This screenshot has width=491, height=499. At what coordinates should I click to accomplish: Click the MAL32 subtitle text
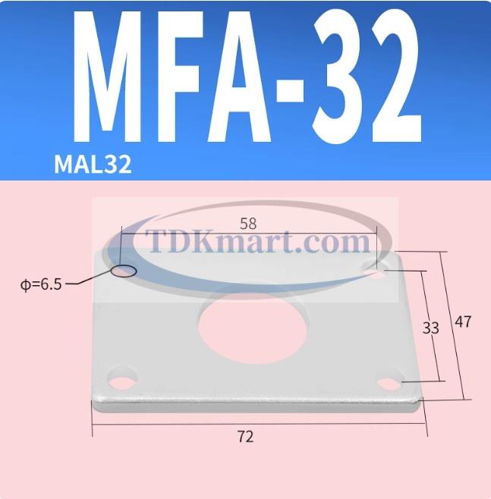tap(93, 165)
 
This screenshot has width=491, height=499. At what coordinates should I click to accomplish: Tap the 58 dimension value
tap(247, 224)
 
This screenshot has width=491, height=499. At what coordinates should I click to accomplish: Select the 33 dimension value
tap(430, 328)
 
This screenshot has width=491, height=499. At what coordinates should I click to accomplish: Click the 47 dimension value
tap(463, 322)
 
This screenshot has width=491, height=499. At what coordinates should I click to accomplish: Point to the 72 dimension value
tap(245, 437)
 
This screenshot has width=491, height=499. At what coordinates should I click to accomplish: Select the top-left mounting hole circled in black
tap(124, 270)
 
